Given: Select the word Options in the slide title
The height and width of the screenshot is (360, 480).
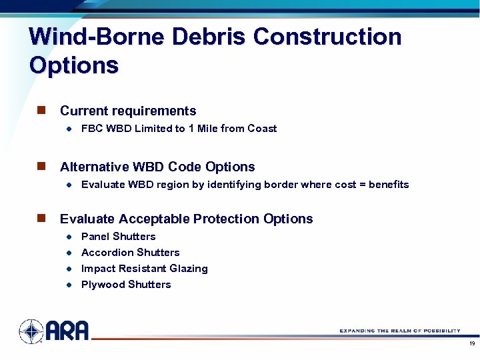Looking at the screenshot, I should point(74,65).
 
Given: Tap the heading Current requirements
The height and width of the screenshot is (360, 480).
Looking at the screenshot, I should point(128,111).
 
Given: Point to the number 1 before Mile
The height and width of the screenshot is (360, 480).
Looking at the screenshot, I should point(191,129).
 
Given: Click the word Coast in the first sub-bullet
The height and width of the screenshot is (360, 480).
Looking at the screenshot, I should point(262,129).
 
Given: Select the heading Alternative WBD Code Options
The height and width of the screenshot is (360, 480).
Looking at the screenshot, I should point(157,167).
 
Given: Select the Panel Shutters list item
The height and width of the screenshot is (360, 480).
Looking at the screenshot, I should point(118,237).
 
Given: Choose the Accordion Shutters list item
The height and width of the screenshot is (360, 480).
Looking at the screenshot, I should point(130,253).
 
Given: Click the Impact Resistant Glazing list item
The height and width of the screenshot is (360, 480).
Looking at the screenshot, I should point(144,269).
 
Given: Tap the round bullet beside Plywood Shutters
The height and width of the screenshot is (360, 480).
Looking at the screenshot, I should point(69,285).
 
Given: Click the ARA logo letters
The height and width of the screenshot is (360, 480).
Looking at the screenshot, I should point(67,331).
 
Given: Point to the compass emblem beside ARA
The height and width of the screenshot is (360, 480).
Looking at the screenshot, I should point(31,331).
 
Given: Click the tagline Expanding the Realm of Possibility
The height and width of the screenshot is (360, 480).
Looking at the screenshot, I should point(399,331).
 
